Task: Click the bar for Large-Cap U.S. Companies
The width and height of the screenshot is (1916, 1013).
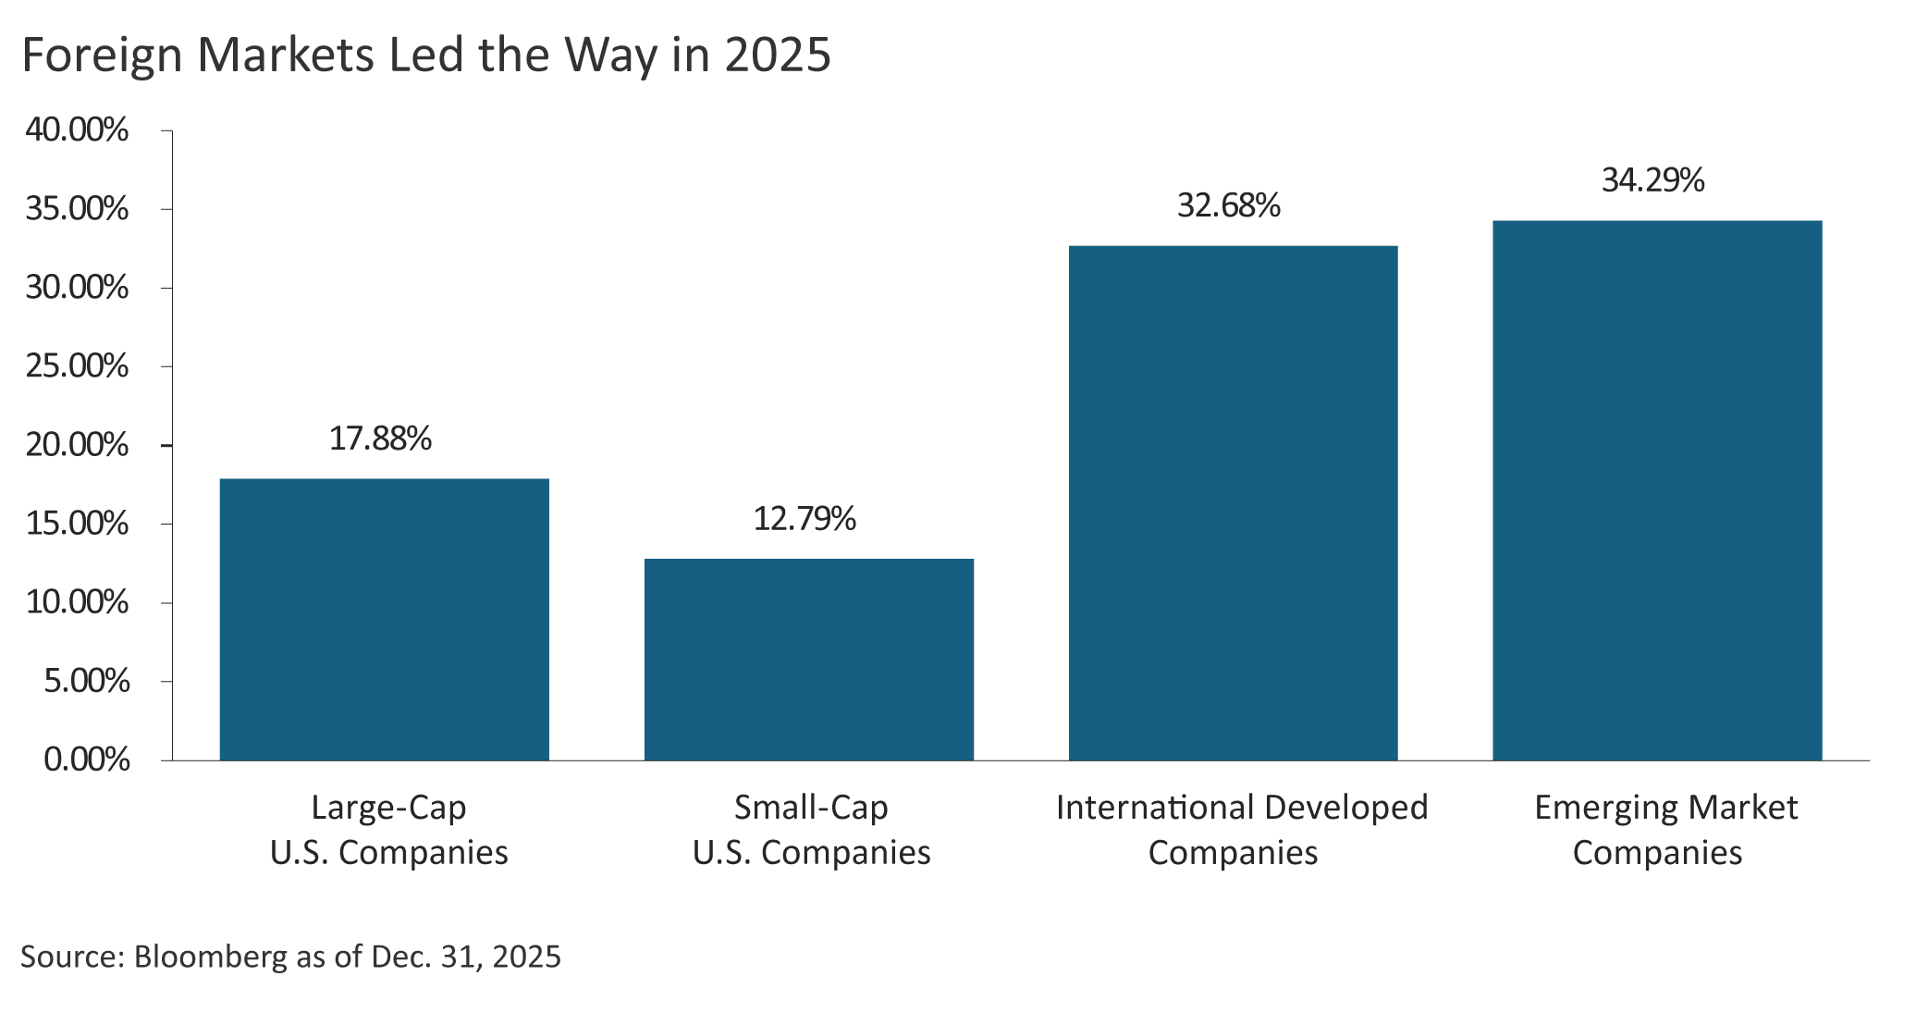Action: pyautogui.click(x=384, y=619)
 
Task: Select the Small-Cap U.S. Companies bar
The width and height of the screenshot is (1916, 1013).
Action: pyautogui.click(x=809, y=659)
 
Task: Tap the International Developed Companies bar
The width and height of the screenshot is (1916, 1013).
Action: pyautogui.click(x=1233, y=502)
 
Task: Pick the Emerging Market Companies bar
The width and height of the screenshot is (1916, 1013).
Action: pyautogui.click(x=1657, y=490)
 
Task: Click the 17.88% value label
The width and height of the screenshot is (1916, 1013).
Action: pyautogui.click(x=381, y=439)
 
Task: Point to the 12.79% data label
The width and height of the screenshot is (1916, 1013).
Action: pyautogui.click(x=805, y=519)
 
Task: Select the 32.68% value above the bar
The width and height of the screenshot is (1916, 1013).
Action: pyautogui.click(x=1229, y=205)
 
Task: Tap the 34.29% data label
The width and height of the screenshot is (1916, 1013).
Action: pyautogui.click(x=1653, y=179)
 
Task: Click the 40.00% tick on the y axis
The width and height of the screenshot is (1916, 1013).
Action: pyautogui.click(x=77, y=130)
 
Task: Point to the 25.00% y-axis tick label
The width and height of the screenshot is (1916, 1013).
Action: pyautogui.click(x=77, y=366)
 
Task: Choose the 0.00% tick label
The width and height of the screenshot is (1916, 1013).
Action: pyautogui.click(x=86, y=760)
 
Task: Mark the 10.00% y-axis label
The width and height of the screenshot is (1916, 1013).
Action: pyautogui.click(x=77, y=602)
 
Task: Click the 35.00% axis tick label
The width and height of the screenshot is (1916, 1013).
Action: pyautogui.click(x=77, y=209)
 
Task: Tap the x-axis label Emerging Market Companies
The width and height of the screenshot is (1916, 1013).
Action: pyautogui.click(x=1665, y=830)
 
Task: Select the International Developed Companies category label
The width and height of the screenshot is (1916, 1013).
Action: pyautogui.click(x=1241, y=830)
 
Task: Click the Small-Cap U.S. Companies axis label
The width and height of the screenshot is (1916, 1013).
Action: pyautogui.click(x=811, y=830)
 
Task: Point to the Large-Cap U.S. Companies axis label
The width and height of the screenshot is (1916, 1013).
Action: pyautogui.click(x=388, y=830)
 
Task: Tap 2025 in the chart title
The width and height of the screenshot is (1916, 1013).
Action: pyautogui.click(x=778, y=55)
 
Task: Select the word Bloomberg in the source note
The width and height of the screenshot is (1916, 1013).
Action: pyautogui.click(x=211, y=957)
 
